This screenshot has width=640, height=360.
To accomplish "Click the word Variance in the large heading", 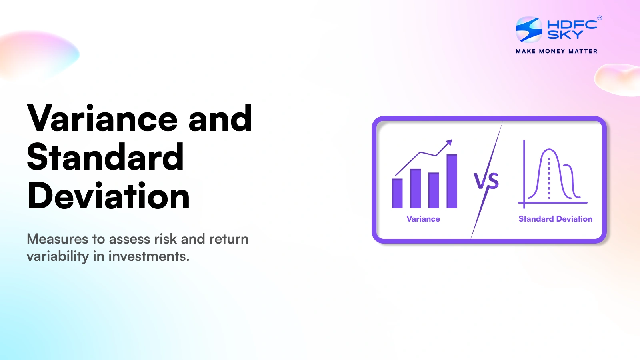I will point(102,118).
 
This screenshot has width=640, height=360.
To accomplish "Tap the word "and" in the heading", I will point(220,118).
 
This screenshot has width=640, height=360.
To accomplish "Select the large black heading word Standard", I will point(105,157).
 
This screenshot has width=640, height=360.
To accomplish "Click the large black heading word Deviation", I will point(108,196).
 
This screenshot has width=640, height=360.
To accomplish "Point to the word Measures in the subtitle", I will point(57,239).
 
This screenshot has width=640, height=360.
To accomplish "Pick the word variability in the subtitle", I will point(58,256).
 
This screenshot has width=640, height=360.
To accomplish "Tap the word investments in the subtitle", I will point(149,256).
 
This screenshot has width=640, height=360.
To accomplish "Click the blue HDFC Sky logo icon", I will point(529,29).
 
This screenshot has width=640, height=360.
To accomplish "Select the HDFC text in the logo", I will point(572,24).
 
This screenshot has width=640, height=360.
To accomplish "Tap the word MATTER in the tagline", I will point(583,51).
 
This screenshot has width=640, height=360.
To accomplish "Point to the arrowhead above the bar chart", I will point(450,142).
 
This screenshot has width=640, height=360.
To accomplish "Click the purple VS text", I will point(486,181).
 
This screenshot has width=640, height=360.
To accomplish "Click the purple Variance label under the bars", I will point(423,219).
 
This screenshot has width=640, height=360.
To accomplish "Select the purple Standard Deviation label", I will point(555,219).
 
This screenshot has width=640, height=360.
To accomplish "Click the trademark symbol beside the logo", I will point(599,18).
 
